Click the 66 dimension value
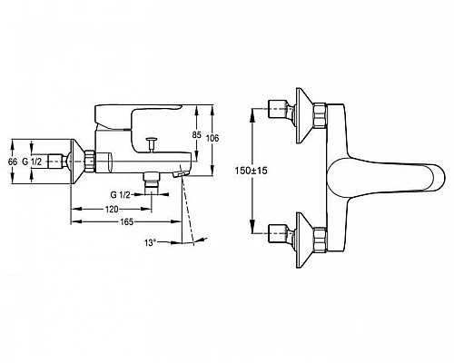(x=13, y=162)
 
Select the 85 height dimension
(x=197, y=135)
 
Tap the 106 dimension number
(x=212, y=138)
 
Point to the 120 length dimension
(x=112, y=209)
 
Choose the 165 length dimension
(x=126, y=222)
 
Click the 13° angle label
(x=150, y=242)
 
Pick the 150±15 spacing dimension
(x=252, y=171)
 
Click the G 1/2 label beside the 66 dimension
(x=32, y=162)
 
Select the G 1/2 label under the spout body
(x=120, y=195)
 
